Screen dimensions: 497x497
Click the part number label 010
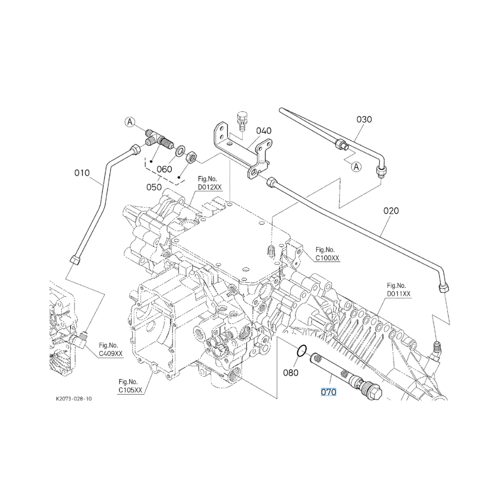82,173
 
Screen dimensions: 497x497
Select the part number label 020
391,211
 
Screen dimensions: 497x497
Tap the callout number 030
364,119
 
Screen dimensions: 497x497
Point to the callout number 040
264,131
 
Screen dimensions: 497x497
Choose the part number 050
154,187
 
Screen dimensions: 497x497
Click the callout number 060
164,169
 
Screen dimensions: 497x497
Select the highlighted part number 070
329,393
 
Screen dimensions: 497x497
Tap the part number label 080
291,373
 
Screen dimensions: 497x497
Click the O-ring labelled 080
302,350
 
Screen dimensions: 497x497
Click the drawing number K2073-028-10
74,399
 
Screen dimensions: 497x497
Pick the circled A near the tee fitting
130,122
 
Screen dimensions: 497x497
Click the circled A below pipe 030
357,166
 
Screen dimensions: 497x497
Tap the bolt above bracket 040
242,121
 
